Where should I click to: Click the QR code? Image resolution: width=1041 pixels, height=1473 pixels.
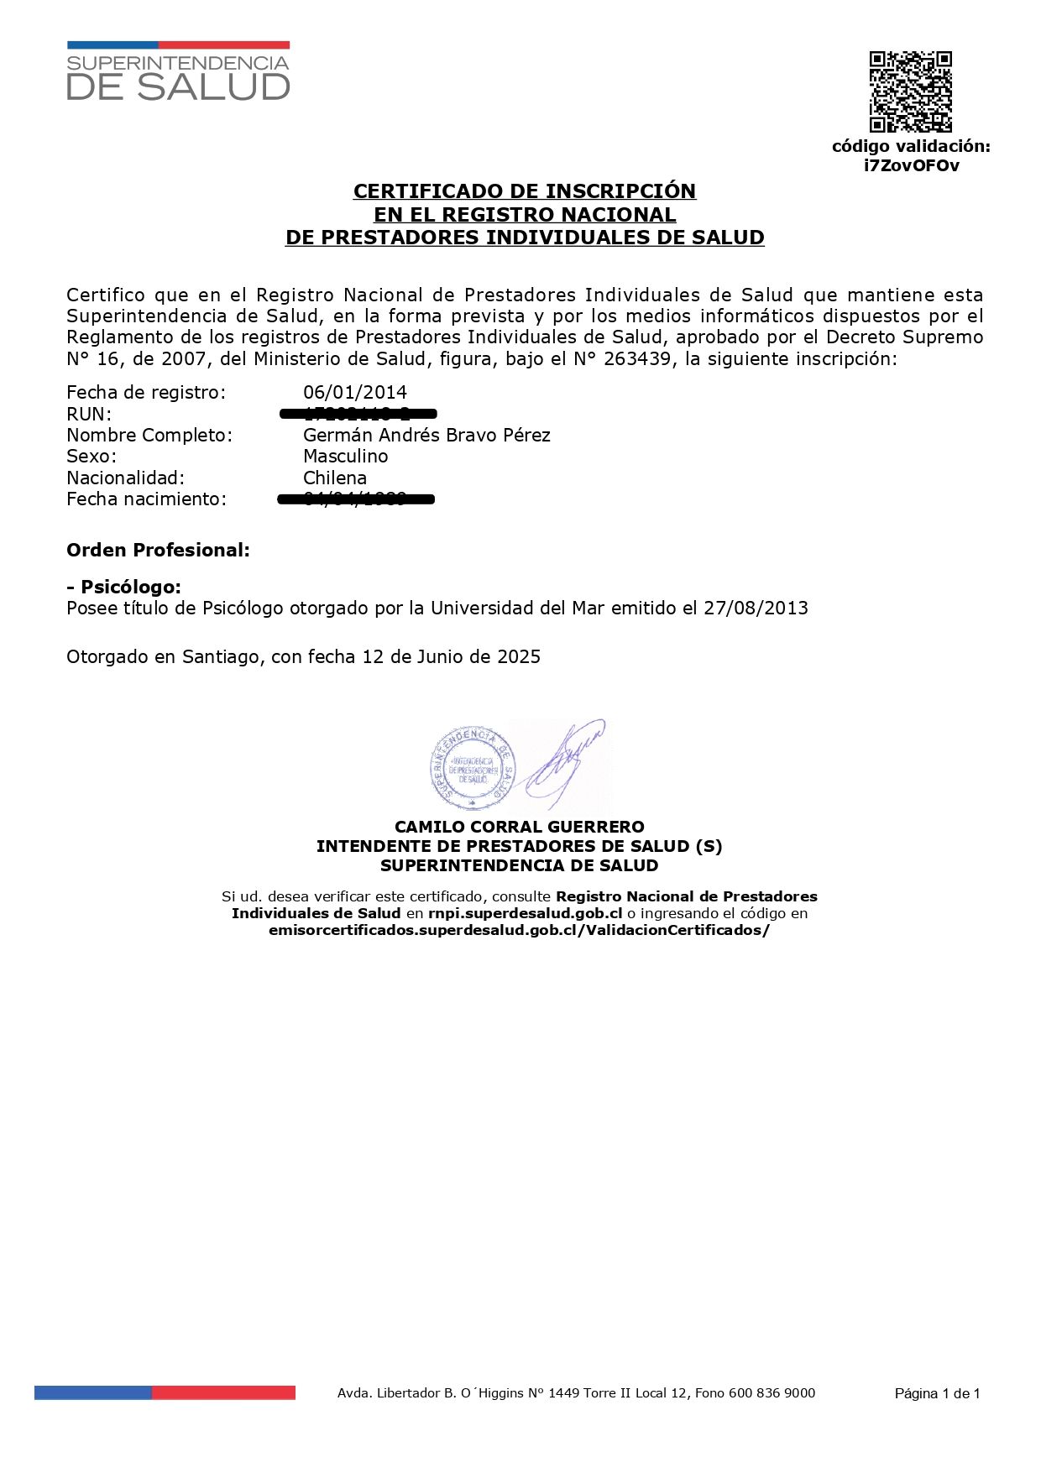click(910, 91)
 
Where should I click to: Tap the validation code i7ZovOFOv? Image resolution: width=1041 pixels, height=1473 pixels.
click(912, 165)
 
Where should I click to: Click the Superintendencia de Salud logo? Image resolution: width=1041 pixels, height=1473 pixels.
click(178, 72)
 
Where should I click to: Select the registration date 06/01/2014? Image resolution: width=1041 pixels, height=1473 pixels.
click(355, 392)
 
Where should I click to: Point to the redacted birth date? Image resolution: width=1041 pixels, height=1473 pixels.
click(356, 499)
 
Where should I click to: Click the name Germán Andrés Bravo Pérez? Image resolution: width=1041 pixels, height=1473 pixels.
click(426, 435)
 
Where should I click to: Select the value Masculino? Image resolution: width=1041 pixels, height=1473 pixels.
click(345, 456)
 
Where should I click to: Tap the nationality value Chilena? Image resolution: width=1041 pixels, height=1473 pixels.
click(335, 478)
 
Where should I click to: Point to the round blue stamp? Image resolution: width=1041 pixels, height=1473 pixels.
click(473, 765)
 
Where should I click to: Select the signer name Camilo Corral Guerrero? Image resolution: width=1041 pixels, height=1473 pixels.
click(519, 827)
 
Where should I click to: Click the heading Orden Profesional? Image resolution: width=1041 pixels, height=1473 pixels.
click(158, 551)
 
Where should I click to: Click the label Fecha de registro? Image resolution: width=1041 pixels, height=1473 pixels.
click(146, 392)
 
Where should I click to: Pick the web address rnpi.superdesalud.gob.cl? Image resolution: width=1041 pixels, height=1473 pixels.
click(525, 913)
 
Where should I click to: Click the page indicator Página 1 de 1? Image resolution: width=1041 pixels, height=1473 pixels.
click(937, 1393)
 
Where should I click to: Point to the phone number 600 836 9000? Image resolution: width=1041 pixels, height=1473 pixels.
click(772, 1392)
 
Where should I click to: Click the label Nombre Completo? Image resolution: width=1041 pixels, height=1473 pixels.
click(149, 435)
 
